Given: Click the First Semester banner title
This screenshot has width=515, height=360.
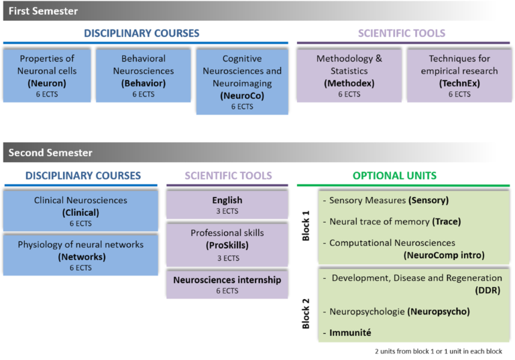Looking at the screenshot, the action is pos(43,11).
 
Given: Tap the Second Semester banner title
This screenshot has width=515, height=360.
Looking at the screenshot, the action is pos(50,153).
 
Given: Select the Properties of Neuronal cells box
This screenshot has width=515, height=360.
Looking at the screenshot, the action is pos(47,76).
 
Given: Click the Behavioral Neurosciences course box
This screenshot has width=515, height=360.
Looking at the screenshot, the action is pos(144,76).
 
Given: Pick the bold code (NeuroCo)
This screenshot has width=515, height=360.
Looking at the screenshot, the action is pos(242,96).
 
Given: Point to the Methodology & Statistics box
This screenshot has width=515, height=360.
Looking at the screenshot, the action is pos(349,76).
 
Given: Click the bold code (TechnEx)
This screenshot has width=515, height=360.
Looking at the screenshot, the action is pos(459,83).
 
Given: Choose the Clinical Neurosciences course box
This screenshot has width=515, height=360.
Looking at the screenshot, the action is pos(80,211).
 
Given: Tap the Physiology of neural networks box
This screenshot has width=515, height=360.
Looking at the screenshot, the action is pos(80,255).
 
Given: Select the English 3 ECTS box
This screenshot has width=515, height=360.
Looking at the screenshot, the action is pos(227,204).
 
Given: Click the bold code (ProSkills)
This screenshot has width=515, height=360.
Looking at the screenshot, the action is pos(227,245).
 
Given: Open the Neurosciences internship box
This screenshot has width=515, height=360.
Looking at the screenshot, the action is pos(227,284).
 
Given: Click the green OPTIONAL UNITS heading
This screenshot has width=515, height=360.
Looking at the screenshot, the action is pos(394,176).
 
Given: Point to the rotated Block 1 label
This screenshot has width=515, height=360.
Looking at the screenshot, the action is pos(306,226).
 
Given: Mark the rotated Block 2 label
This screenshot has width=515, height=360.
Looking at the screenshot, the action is pos(306,313).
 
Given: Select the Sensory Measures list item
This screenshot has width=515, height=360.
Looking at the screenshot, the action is pos(386,200).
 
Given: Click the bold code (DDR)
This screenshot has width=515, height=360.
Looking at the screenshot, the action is pos(488,290).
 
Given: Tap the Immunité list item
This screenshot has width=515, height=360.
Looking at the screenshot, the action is pos(347,333).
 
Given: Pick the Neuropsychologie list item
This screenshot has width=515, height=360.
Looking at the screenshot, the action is pos(396,311).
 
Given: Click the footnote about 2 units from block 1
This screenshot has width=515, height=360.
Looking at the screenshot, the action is pos(439,351).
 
